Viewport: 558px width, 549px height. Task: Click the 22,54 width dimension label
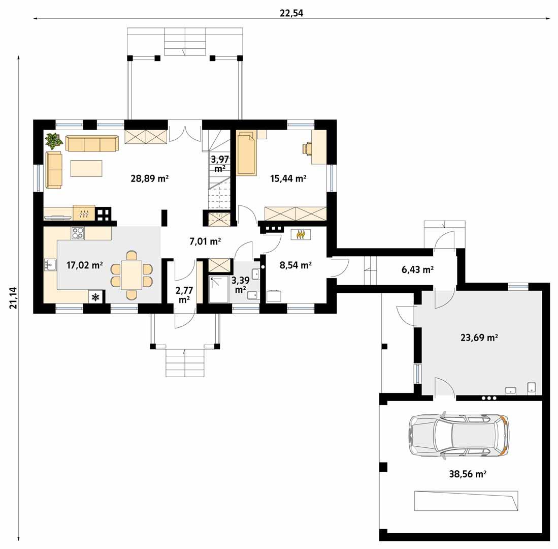coord(291,13)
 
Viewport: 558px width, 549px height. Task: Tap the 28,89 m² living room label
coord(149,178)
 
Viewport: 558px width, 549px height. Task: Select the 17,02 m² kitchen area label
coord(84,265)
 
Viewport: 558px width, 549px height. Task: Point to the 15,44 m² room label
coord(288,178)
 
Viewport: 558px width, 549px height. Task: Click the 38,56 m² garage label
coord(468,473)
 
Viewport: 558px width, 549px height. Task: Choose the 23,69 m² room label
coord(478,337)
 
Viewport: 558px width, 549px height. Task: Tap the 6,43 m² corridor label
coord(417,270)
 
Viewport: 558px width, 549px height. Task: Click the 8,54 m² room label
coord(296,265)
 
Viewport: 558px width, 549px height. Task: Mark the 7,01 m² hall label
coord(205,241)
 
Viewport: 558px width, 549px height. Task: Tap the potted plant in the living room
coord(53,139)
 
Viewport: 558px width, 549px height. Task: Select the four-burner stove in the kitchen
coord(78,233)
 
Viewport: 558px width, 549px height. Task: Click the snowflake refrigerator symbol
coord(95,297)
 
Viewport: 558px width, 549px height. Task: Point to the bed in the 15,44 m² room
coord(246,153)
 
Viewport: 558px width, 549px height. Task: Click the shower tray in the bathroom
coord(218,289)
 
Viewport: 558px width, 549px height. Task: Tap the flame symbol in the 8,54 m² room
coord(301,234)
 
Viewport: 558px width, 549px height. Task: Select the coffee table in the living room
coord(86,168)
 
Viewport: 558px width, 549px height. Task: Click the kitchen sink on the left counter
coord(50,265)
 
